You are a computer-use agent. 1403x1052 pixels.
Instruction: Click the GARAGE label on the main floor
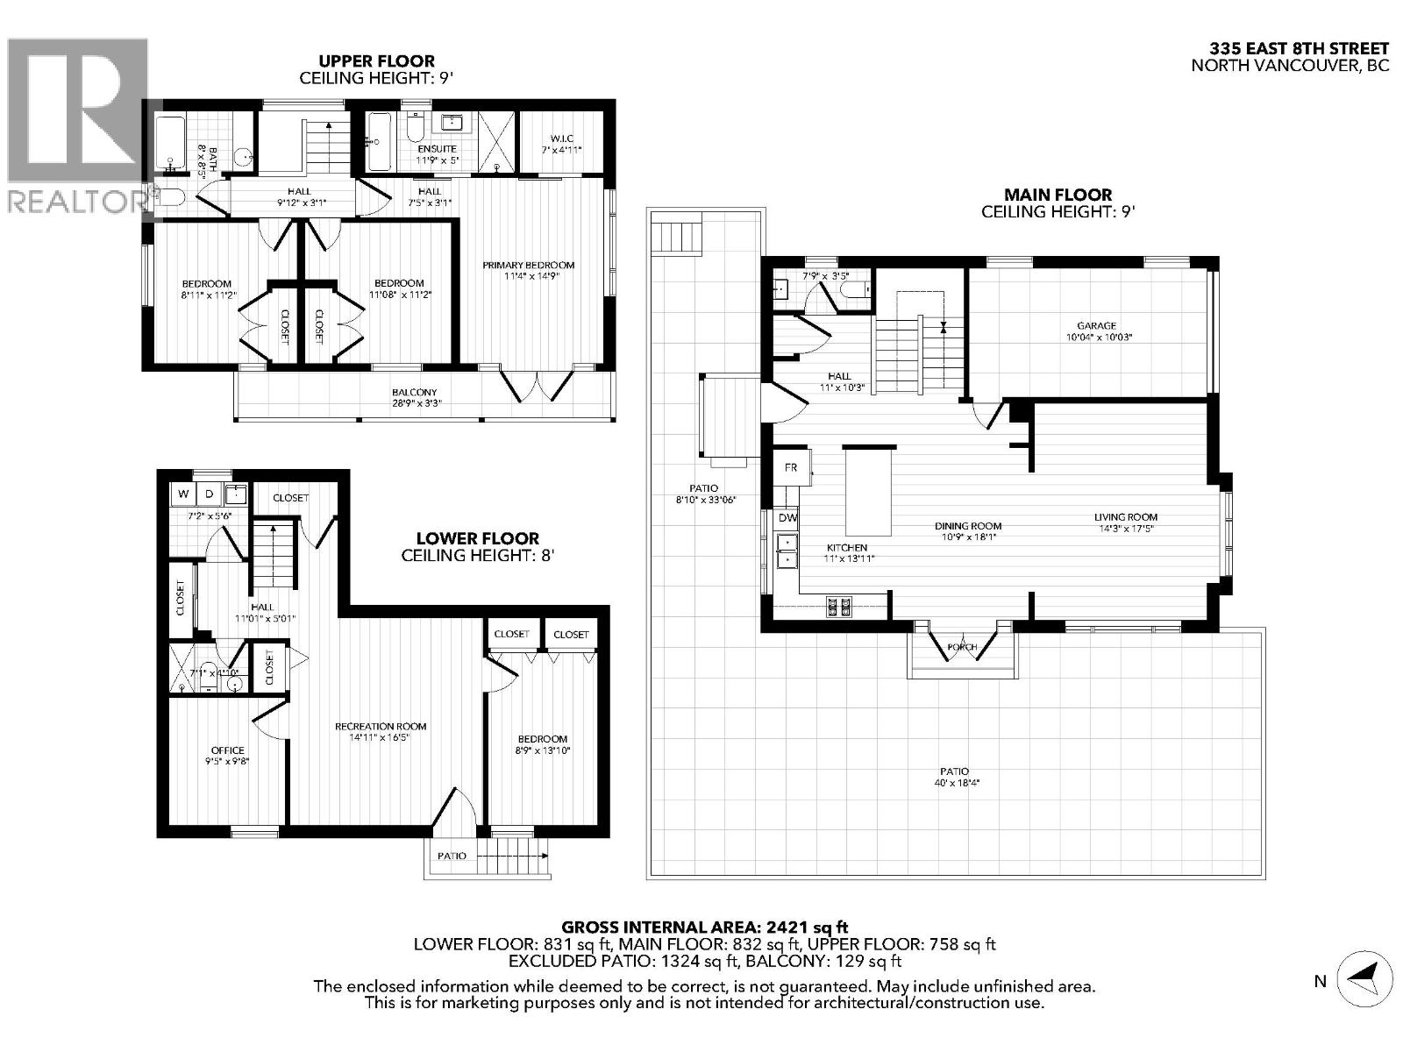click(1096, 325)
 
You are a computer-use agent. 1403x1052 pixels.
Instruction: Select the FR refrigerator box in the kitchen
click(791, 468)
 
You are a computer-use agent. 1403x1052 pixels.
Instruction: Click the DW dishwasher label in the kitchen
click(787, 518)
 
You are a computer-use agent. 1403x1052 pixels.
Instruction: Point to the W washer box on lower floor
click(183, 494)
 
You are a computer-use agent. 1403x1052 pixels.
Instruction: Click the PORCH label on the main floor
click(962, 647)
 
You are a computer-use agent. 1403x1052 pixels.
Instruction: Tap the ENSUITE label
click(437, 149)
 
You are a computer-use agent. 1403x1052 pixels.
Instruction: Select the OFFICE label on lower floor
click(227, 750)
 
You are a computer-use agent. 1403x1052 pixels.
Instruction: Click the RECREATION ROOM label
click(381, 726)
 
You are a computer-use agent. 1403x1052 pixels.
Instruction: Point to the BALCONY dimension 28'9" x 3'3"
click(415, 404)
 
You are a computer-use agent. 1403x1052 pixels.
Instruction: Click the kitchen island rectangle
click(868, 490)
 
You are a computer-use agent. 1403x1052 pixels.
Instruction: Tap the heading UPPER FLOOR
click(376, 60)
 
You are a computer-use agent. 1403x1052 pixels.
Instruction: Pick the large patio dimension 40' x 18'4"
click(956, 783)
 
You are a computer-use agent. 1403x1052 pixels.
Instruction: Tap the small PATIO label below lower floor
click(452, 856)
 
